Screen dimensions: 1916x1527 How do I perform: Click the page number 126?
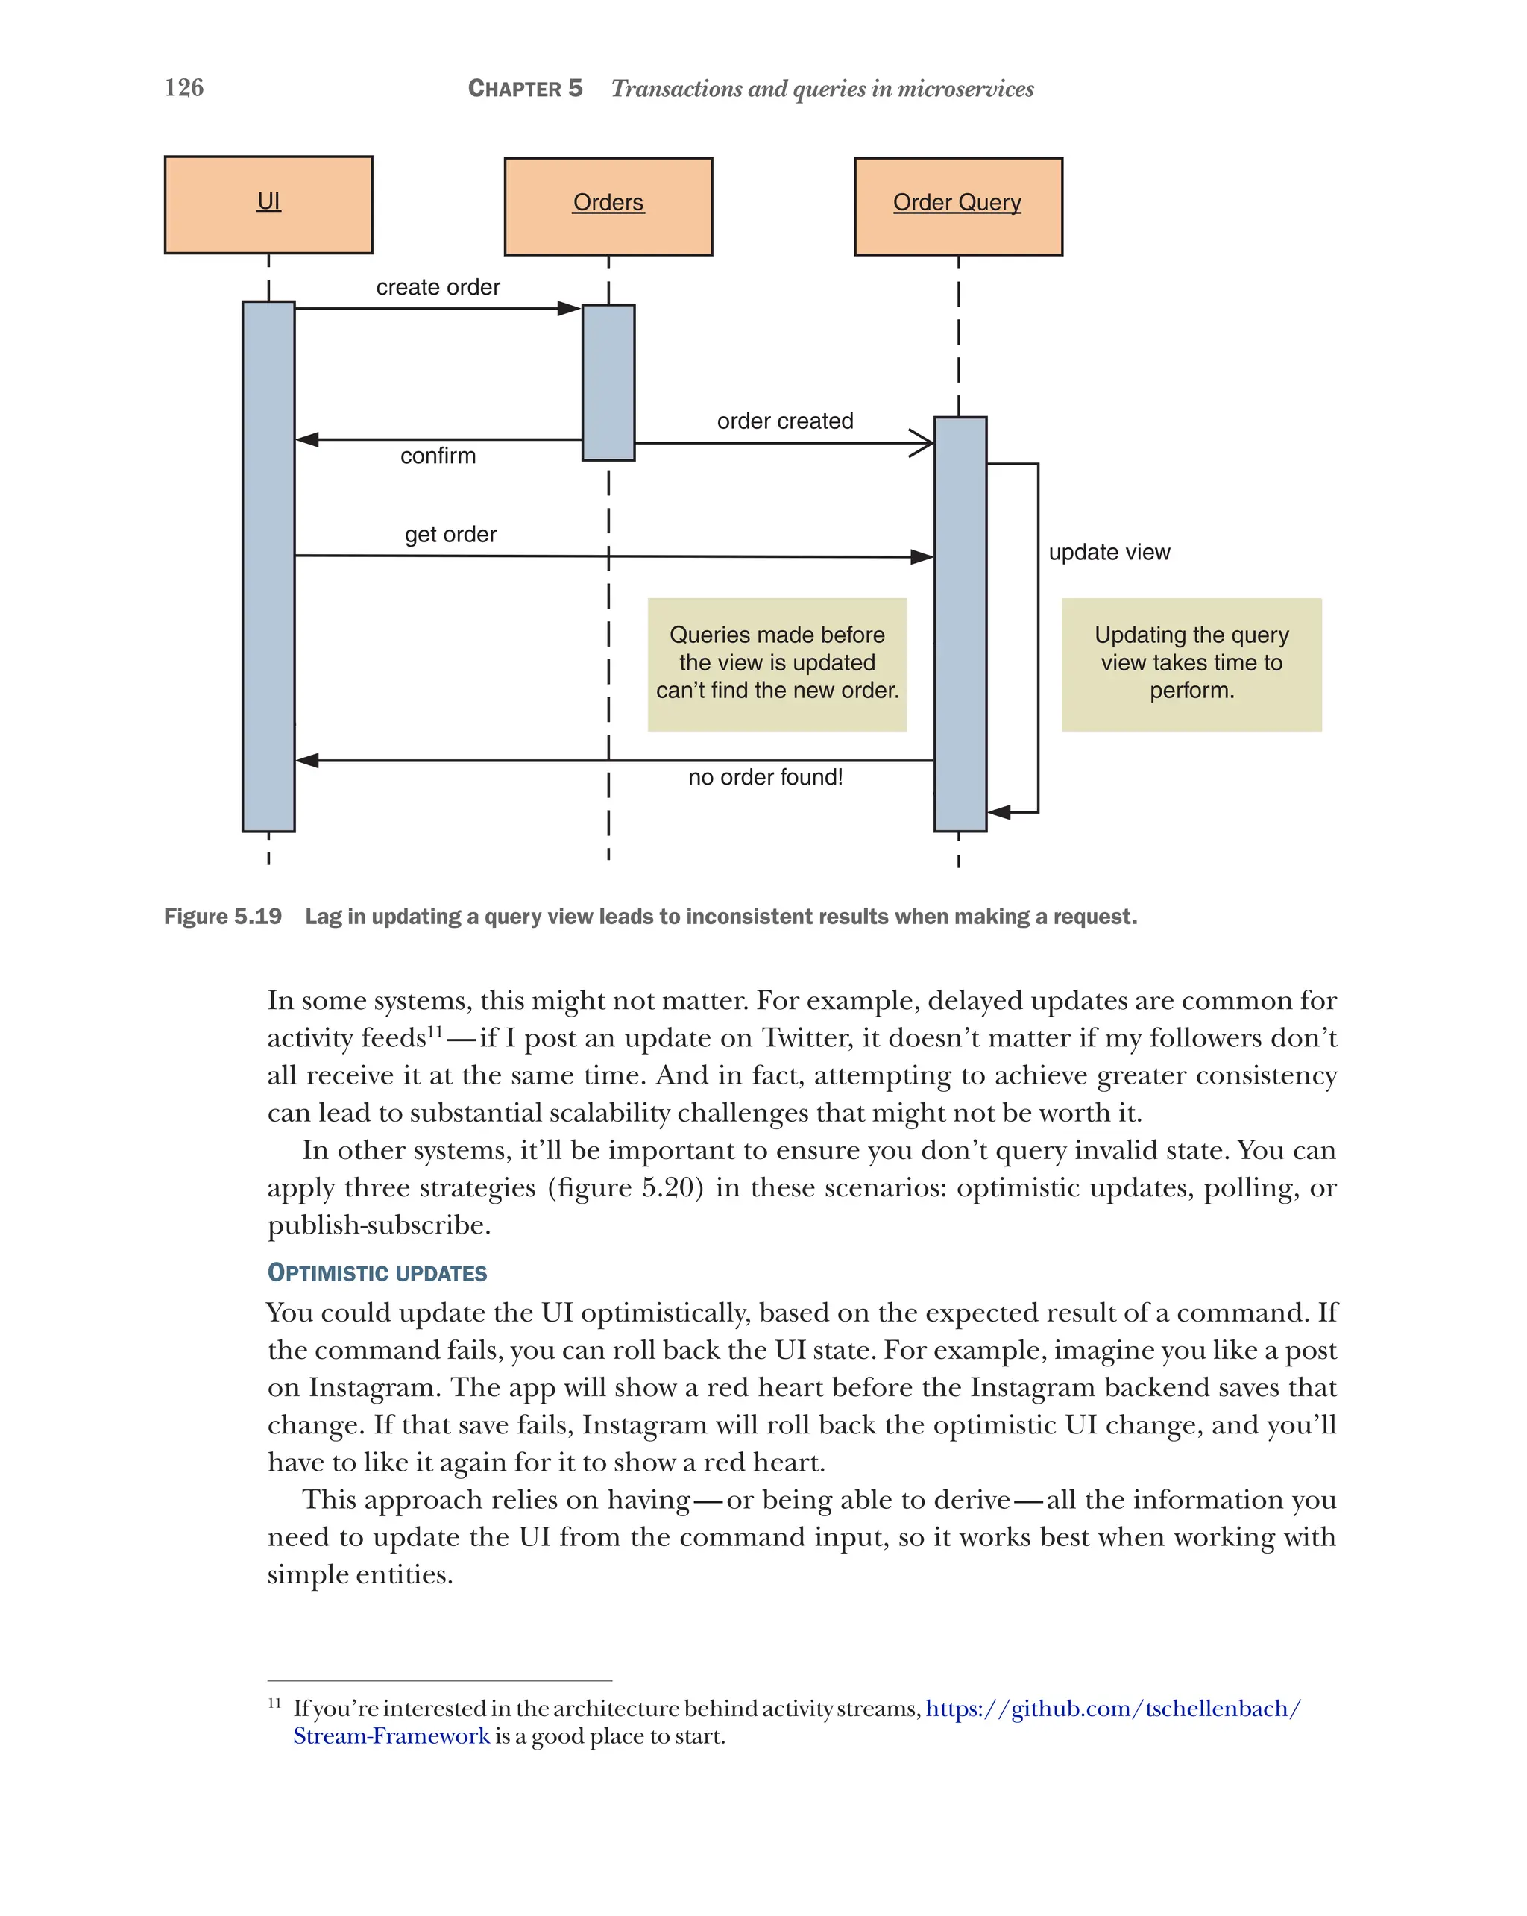click(x=184, y=87)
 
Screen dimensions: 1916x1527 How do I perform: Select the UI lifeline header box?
click(x=268, y=204)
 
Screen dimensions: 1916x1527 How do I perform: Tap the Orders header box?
click(x=608, y=206)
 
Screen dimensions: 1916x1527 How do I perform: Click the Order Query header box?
click(x=957, y=206)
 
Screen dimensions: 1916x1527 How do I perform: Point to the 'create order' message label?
click(x=438, y=287)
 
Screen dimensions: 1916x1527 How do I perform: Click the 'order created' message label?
click(x=784, y=421)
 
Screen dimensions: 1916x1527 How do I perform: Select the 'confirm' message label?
click(x=438, y=456)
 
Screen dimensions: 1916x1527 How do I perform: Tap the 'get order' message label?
click(x=450, y=534)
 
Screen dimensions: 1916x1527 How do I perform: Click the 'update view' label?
click(x=1109, y=552)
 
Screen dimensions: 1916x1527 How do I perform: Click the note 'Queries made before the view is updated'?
click(x=776, y=663)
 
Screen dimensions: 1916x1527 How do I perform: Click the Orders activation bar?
click(x=608, y=382)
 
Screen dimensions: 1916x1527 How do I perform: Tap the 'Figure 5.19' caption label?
click(x=223, y=916)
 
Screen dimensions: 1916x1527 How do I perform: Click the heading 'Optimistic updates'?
click(x=377, y=1272)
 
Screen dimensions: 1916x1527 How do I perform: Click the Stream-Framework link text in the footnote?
click(x=391, y=1736)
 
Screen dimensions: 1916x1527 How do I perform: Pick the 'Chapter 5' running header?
click(x=525, y=88)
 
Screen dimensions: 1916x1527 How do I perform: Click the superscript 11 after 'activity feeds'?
click(x=435, y=1031)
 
